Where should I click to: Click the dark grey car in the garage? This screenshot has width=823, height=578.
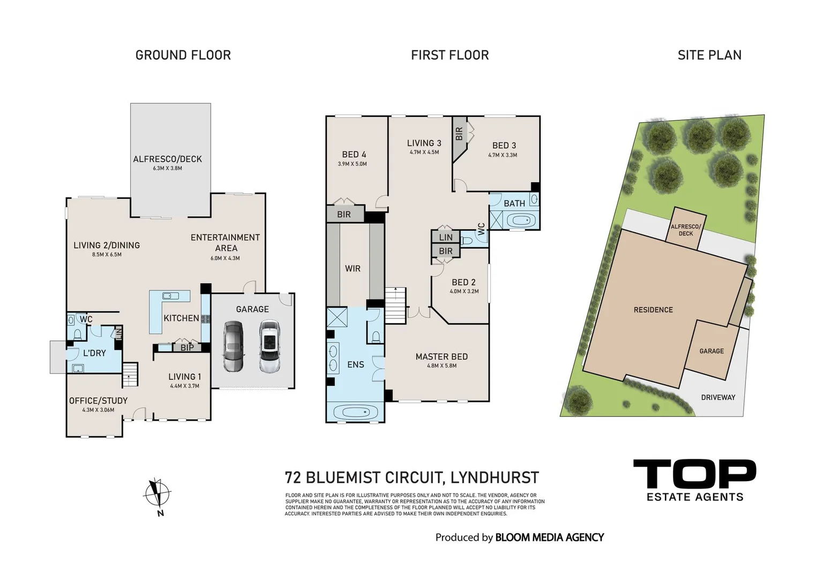[233, 346]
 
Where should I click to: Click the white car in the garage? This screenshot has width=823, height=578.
[269, 346]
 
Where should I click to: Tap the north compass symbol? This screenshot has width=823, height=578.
[157, 494]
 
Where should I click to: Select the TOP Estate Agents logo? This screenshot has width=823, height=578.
[694, 480]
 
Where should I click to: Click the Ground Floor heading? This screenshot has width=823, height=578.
[183, 55]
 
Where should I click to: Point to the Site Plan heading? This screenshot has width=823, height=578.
[709, 55]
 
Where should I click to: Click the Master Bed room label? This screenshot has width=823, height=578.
[442, 356]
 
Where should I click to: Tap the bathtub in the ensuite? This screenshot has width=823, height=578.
[355, 413]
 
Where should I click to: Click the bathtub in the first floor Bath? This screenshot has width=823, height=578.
[520, 220]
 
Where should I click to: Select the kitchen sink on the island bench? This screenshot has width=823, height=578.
[170, 295]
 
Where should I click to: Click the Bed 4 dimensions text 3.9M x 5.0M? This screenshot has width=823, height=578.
[353, 164]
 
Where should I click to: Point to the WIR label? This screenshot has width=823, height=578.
[353, 269]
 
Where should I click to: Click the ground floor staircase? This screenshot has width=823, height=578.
[130, 374]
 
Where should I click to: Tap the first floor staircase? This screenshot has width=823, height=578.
[395, 305]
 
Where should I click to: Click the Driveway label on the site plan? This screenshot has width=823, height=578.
[718, 397]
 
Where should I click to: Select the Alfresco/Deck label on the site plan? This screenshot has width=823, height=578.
[686, 230]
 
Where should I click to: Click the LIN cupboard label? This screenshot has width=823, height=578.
[446, 237]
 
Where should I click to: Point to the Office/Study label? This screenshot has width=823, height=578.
[98, 400]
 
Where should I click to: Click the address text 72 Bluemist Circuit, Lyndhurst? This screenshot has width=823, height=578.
[411, 477]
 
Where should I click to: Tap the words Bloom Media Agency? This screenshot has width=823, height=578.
[549, 537]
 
